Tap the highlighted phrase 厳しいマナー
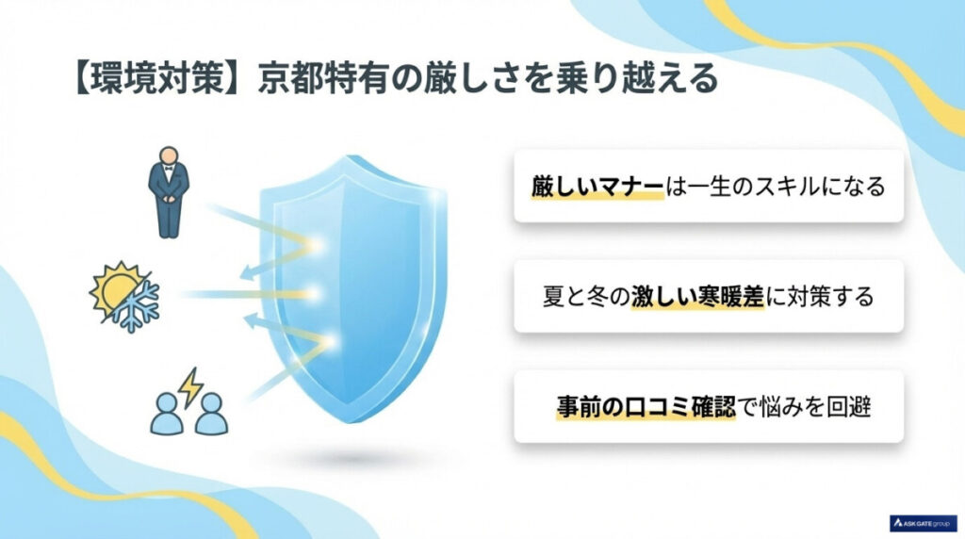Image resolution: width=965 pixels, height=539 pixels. point(597,187)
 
